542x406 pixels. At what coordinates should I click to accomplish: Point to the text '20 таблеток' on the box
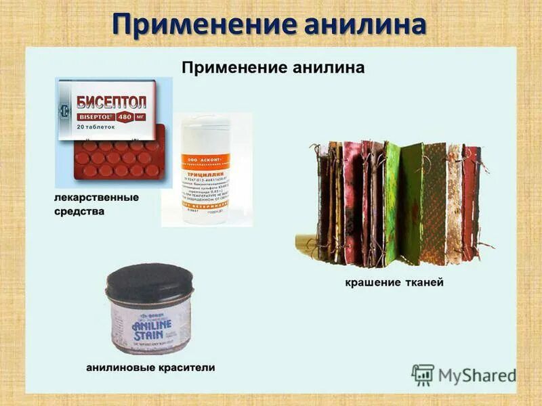96,127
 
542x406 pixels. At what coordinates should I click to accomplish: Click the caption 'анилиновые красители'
150,367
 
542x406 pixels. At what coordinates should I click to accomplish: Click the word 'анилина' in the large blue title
362,25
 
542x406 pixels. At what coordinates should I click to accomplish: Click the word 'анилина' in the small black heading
329,67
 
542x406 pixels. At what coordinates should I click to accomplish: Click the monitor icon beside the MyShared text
423,374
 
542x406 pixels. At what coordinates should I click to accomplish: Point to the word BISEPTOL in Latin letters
92,116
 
